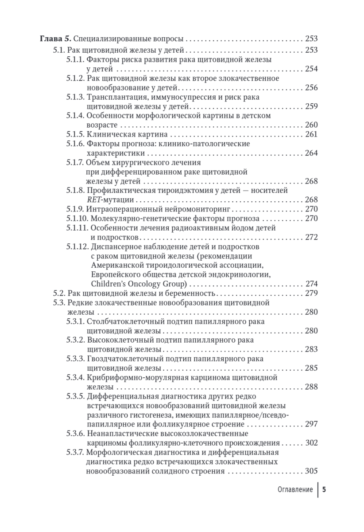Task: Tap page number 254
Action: tap(312, 69)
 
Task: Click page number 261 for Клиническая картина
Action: tap(312, 134)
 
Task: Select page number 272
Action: tap(312, 237)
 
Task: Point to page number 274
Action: tap(312, 284)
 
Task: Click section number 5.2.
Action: tap(59, 293)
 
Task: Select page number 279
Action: tap(312, 293)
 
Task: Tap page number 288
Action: tap(312, 387)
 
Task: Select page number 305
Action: tap(312, 471)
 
